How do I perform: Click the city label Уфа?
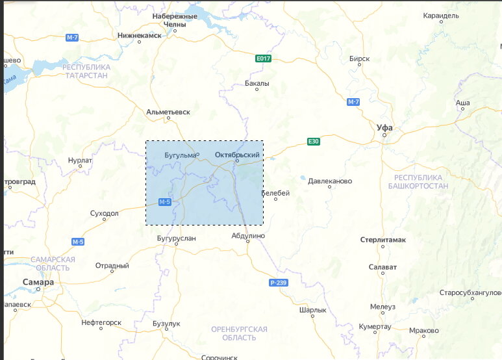(x=384, y=127)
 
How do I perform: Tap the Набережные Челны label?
(x=175, y=20)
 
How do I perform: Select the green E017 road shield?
(x=262, y=58)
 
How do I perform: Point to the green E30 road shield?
(x=314, y=141)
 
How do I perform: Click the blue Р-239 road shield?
(x=277, y=283)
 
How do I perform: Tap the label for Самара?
(x=38, y=282)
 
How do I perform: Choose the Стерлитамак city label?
(x=383, y=240)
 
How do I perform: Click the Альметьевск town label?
(x=168, y=112)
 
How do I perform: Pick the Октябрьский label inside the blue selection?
(x=237, y=155)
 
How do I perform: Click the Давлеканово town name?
(x=330, y=181)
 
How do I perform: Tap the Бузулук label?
(x=166, y=323)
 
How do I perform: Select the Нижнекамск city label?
(x=139, y=35)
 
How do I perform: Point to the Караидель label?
(x=440, y=15)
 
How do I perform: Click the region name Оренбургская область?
(x=239, y=333)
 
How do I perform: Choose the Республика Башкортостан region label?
(x=418, y=181)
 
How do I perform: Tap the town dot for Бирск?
(x=359, y=66)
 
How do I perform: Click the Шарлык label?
(x=312, y=310)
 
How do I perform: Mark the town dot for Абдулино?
(x=247, y=241)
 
